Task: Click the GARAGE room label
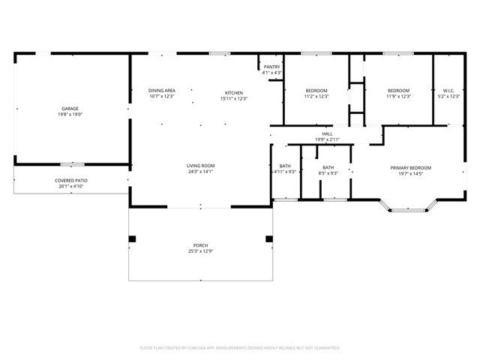click(x=70, y=109)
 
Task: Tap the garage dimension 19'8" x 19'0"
click(x=70, y=115)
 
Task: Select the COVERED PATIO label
click(x=71, y=181)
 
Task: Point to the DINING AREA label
click(x=161, y=91)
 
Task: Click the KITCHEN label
click(x=234, y=93)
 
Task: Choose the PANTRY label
click(x=271, y=67)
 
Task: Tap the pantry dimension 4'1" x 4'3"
click(x=271, y=73)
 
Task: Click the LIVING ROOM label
click(x=201, y=166)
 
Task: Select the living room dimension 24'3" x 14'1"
click(x=201, y=172)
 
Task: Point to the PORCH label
click(x=201, y=246)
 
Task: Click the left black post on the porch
click(x=133, y=239)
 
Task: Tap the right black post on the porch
click(x=268, y=239)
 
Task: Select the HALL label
click(x=327, y=133)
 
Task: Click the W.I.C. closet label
click(x=448, y=91)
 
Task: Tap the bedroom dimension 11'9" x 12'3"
click(x=398, y=97)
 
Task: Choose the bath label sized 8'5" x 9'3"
click(x=328, y=173)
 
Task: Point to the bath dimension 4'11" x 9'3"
click(x=286, y=173)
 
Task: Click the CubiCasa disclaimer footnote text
click(x=240, y=348)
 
